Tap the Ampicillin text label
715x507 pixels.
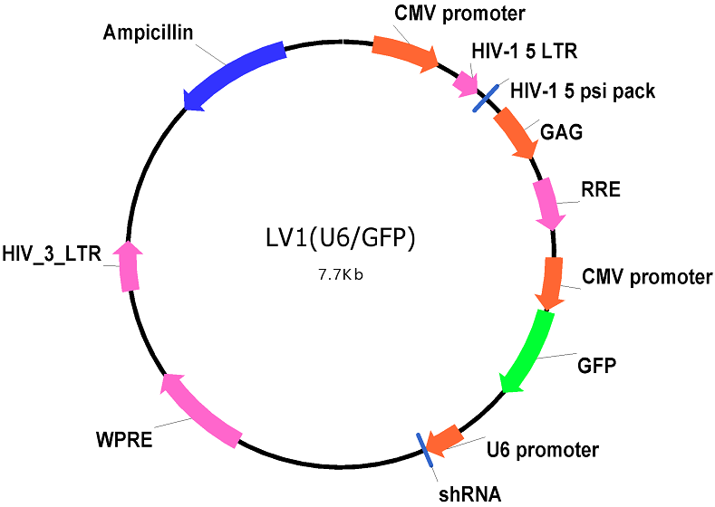pos(149,33)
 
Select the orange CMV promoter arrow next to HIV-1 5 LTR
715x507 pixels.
pos(405,52)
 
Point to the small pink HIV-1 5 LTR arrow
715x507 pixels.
pos(465,84)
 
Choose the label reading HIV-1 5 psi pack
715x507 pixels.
pos(583,91)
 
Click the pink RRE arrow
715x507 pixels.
pos(548,204)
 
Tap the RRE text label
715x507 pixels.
pos(601,189)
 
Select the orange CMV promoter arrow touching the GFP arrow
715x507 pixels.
pos(551,283)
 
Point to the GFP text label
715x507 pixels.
pos(596,366)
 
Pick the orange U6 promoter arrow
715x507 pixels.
pos(444,440)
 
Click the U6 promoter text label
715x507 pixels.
pos(543,450)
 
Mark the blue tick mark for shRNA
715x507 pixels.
pos(425,450)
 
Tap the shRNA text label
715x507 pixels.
pos(469,494)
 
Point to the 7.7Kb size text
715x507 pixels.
pos(341,275)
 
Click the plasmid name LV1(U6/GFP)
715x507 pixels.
pos(341,238)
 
